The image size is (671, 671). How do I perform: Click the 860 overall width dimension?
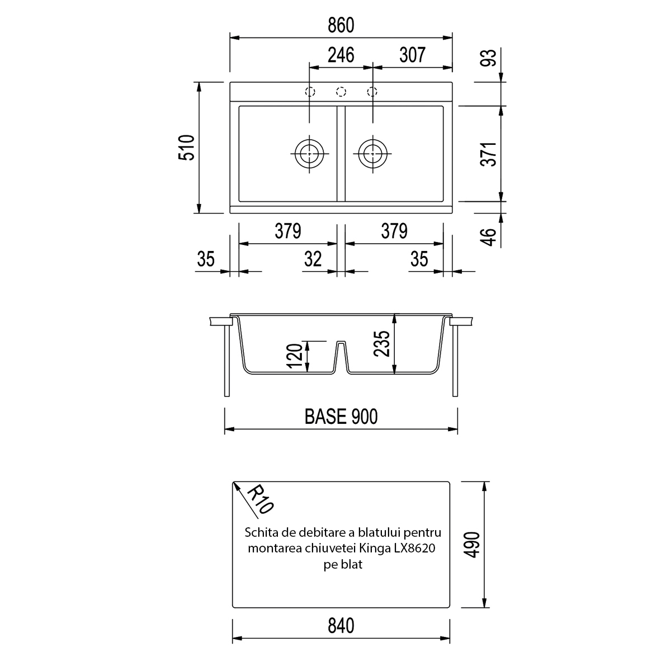(341, 25)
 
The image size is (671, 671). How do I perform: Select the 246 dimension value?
(341, 55)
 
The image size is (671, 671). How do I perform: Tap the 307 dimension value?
(412, 55)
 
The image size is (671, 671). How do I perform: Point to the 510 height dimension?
(187, 148)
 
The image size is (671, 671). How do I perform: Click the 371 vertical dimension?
(489, 154)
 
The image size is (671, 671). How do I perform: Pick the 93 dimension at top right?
(489, 58)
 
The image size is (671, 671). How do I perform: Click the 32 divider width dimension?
(313, 259)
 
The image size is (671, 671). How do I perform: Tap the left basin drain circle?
(309, 154)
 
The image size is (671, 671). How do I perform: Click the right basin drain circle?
(372, 154)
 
